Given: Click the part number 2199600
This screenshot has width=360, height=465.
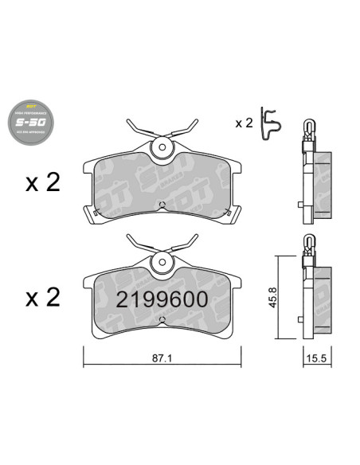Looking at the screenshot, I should click(162, 299).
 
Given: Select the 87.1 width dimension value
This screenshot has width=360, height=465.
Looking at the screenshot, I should click(162, 359).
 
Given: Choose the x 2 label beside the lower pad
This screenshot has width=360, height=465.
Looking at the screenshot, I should click(42, 298).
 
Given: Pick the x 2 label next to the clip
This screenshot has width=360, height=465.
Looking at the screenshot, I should click(243, 123).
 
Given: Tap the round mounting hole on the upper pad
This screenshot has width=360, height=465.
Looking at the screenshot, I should click(162, 147).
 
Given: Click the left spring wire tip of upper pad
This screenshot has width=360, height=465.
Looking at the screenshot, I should click(129, 123).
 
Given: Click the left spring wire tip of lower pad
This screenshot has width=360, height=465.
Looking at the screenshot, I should click(129, 236).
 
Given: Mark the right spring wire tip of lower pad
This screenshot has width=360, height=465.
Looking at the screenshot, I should click(196, 236).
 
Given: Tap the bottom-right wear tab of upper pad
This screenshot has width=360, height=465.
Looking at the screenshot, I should click(232, 213).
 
